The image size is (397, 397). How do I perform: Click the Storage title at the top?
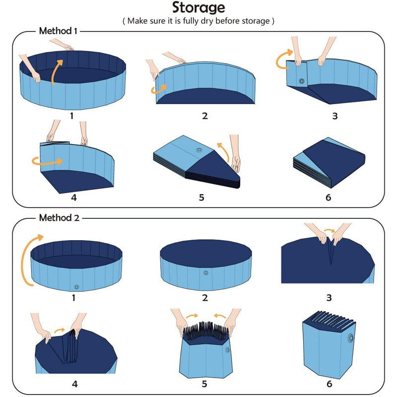(x=198, y=8)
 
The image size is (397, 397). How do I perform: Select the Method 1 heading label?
(x=58, y=31)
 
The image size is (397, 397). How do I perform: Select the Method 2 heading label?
(x=58, y=217)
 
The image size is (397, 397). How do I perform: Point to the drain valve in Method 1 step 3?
(x=301, y=80)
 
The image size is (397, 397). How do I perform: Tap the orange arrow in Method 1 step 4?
(x=47, y=161)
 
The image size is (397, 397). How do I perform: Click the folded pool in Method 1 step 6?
(x=329, y=159)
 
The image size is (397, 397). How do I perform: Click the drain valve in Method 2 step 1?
(x=76, y=286)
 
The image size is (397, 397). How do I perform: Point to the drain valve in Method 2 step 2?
(x=206, y=273)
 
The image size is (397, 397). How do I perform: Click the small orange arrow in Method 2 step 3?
(x=329, y=231)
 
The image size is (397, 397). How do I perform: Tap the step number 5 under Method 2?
(x=204, y=383)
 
